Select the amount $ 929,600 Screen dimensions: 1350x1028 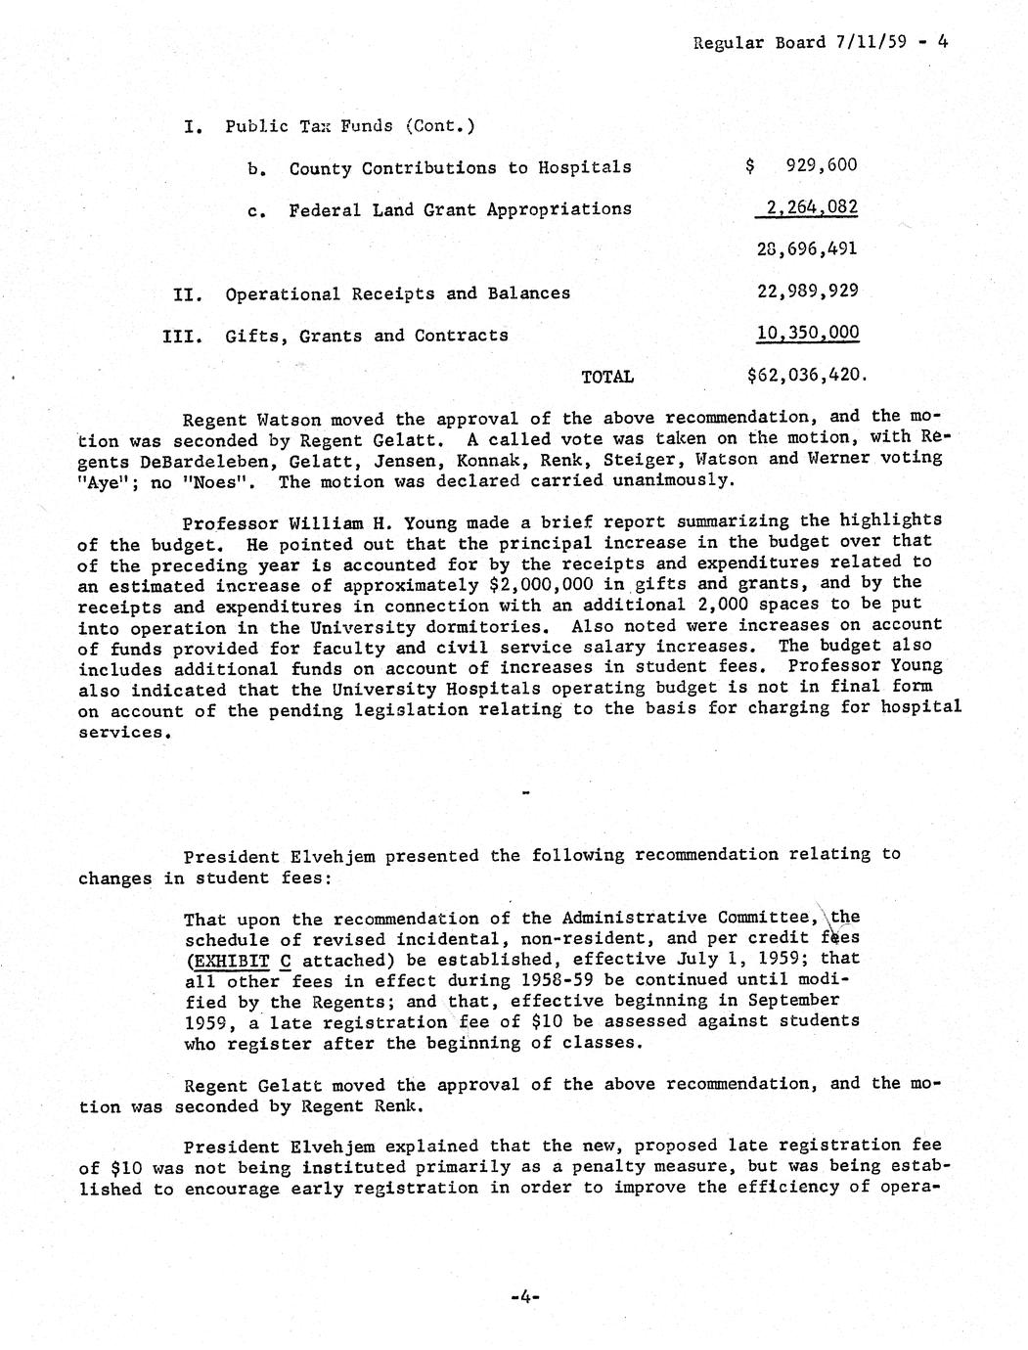coord(801,165)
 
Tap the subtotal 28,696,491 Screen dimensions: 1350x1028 coord(807,248)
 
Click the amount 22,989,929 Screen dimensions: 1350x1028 coord(808,292)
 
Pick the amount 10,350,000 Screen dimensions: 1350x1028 coord(808,334)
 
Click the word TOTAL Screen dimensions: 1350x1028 coord(607,377)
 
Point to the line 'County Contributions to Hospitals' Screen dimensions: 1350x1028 coord(460,167)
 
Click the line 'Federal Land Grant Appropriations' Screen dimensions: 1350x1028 coord(460,209)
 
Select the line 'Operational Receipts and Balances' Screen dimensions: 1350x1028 coord(397,293)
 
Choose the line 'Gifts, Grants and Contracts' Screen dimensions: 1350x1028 coord(367,336)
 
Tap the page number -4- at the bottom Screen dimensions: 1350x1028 coord(525,1297)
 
